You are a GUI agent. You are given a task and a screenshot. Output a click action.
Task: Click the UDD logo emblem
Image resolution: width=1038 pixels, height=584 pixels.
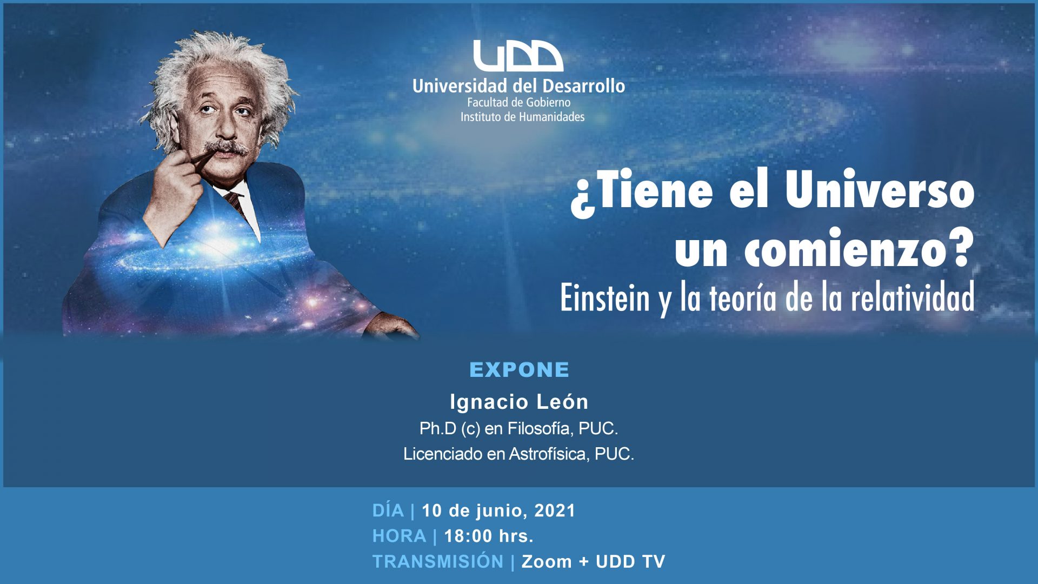pyautogui.click(x=518, y=56)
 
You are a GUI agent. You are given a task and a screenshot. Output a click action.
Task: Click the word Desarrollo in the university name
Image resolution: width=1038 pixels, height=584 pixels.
pyautogui.click(x=583, y=86)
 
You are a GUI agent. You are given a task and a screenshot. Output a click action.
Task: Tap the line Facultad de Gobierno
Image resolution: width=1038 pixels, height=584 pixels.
pyautogui.click(x=518, y=102)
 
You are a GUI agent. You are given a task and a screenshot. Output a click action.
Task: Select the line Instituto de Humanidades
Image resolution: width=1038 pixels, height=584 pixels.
pyautogui.click(x=522, y=117)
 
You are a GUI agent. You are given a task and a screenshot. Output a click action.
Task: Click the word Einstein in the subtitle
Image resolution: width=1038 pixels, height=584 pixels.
pyautogui.click(x=604, y=298)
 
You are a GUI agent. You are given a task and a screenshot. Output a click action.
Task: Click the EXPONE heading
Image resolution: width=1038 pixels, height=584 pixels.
pyautogui.click(x=519, y=370)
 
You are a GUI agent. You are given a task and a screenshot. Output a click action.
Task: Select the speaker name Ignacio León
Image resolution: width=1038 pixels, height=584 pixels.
pyautogui.click(x=519, y=402)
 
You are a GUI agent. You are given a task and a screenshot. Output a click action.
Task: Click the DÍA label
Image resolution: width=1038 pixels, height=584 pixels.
pyautogui.click(x=388, y=510)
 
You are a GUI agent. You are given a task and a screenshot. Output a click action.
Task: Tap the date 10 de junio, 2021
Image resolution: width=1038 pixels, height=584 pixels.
pyautogui.click(x=498, y=511)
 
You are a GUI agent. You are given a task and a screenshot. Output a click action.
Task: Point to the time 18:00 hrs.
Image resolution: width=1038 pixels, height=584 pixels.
pyautogui.click(x=489, y=536)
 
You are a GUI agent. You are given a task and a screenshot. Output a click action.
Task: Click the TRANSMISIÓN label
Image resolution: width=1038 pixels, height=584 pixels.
pyautogui.click(x=438, y=561)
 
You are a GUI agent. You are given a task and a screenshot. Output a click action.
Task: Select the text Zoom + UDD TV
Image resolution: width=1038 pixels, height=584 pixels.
pyautogui.click(x=593, y=561)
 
